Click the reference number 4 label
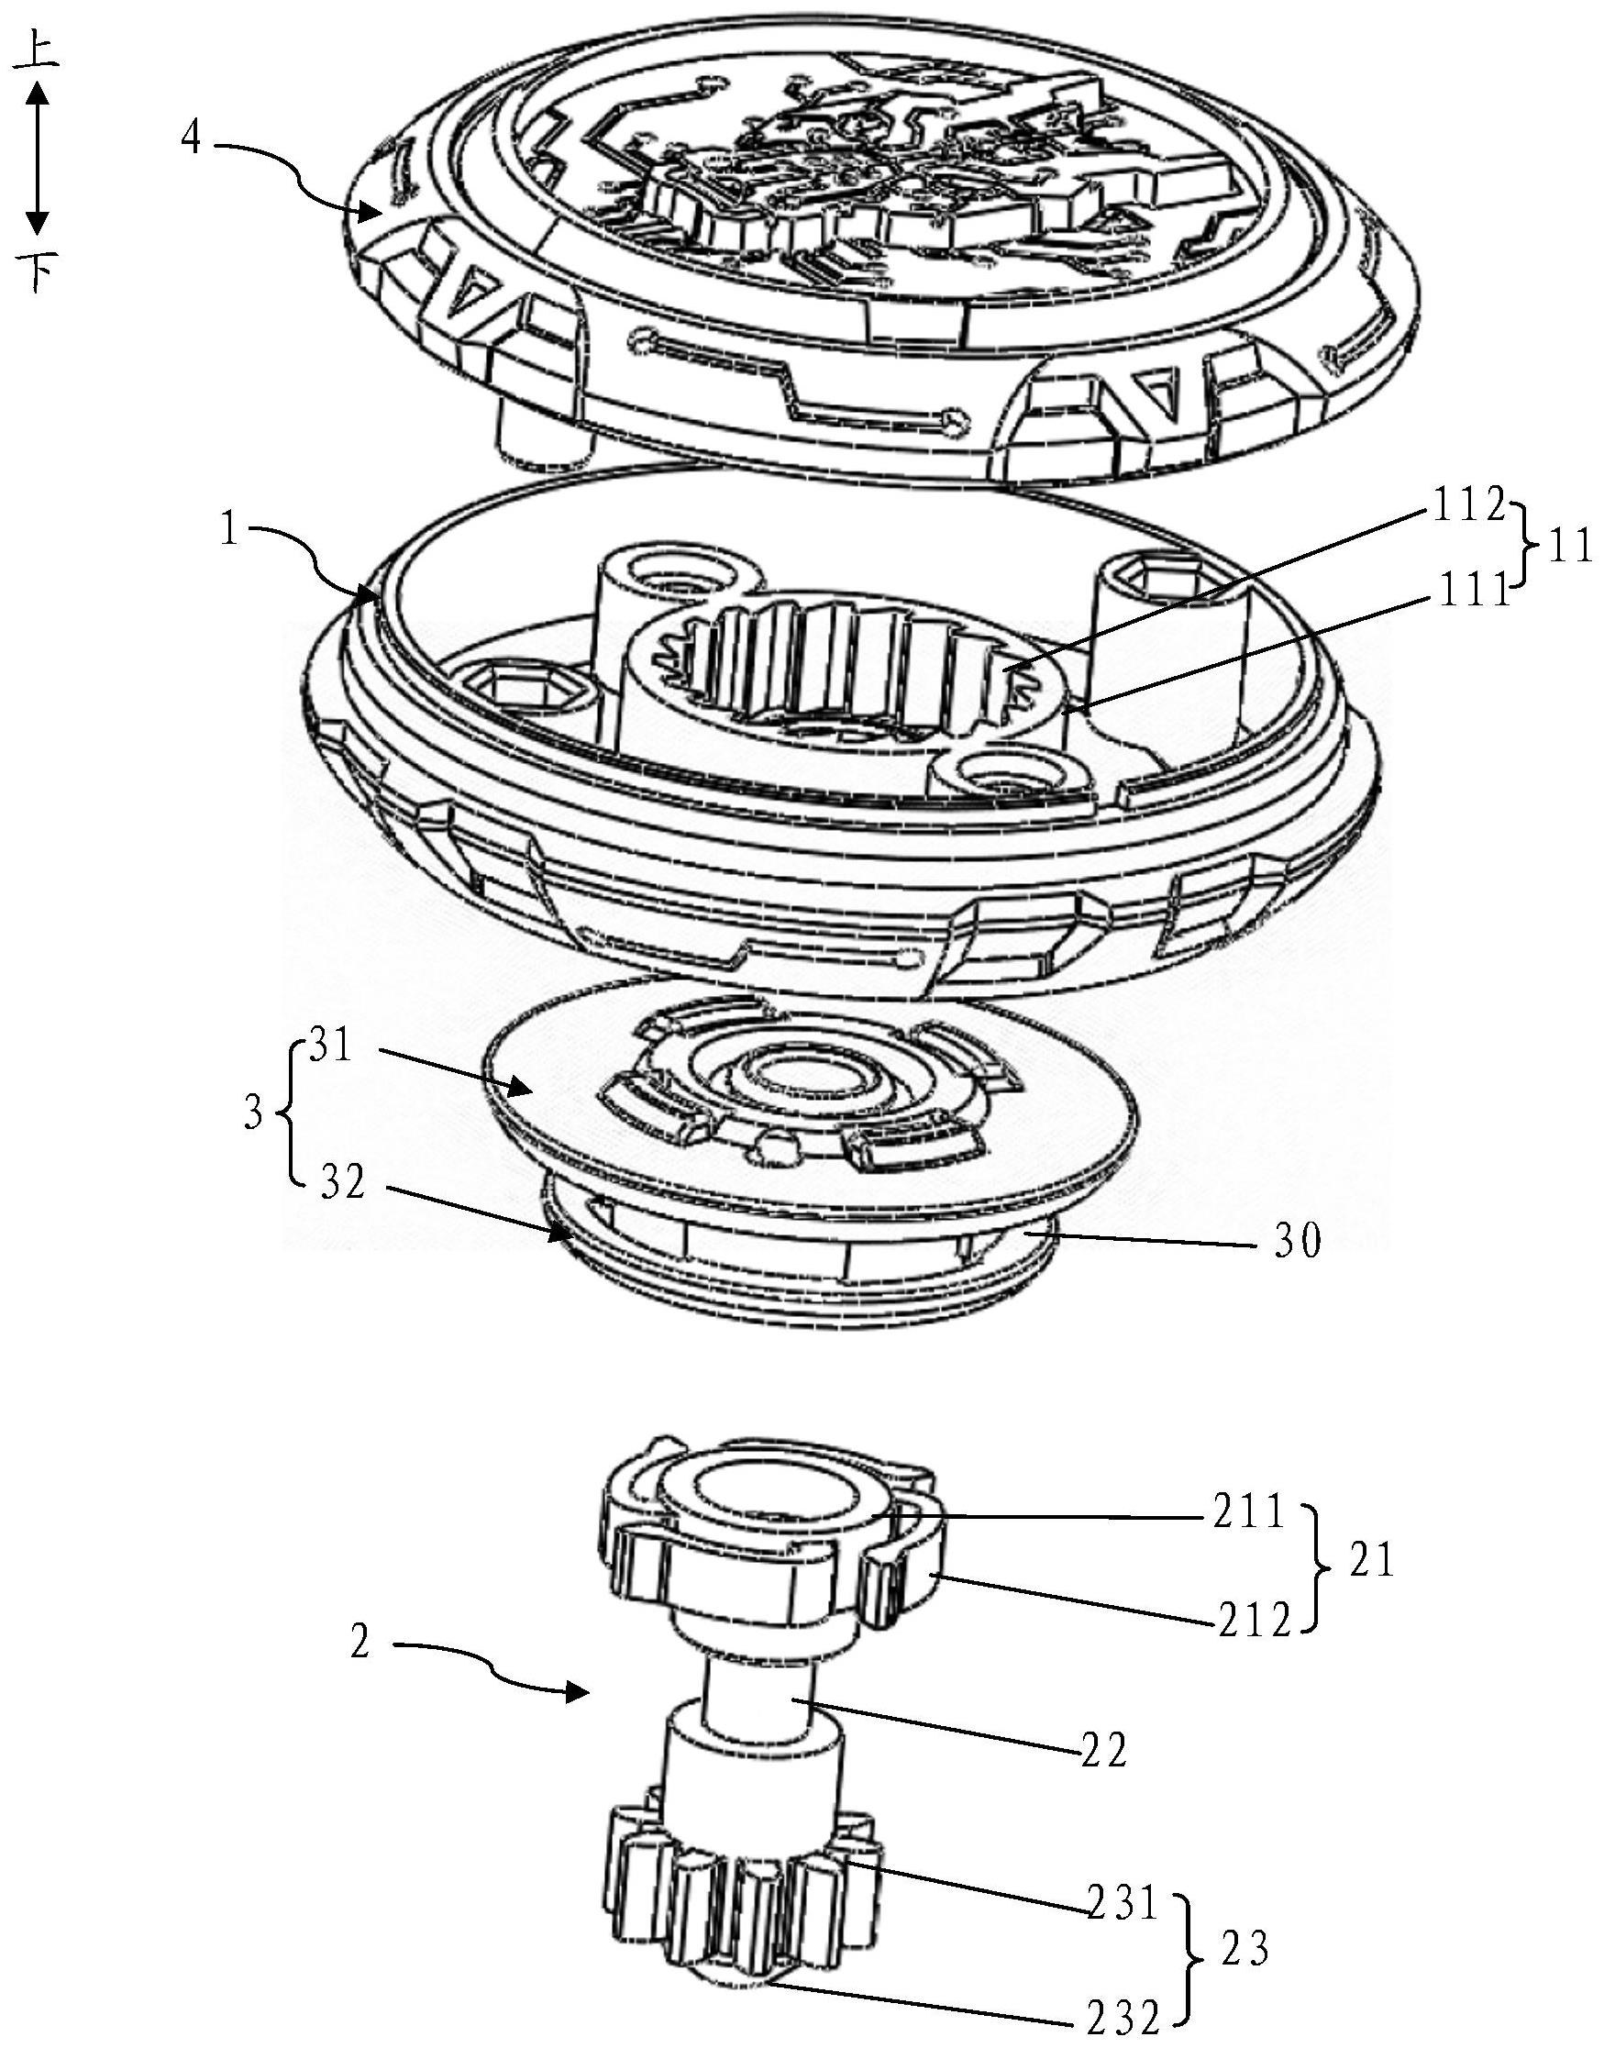[192, 138]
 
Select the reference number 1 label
[229, 530]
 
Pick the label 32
[341, 1185]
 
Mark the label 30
[1297, 1243]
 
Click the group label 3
[252, 1117]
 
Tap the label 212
[1256, 1622]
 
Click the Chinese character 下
[37, 272]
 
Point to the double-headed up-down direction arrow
[37, 158]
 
